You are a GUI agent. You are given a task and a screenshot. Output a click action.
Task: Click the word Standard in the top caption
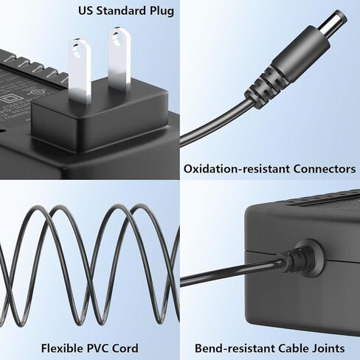(121, 11)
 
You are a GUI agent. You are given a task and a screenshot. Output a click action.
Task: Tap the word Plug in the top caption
(162, 12)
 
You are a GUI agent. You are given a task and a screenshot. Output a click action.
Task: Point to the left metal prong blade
(79, 71)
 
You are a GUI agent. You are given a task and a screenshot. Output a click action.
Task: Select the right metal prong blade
(119, 60)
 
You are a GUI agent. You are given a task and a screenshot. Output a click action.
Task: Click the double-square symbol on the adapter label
(10, 99)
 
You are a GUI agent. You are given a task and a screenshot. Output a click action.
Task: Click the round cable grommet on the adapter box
(308, 255)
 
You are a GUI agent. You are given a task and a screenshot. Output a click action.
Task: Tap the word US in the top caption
(86, 11)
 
